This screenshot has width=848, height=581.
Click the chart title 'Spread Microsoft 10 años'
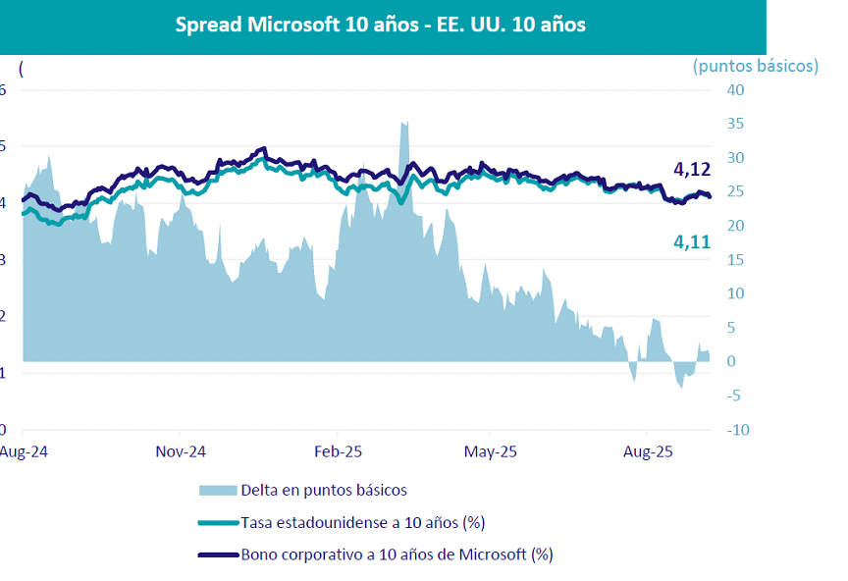tap(380, 25)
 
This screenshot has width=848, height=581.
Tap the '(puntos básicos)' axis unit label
tap(755, 66)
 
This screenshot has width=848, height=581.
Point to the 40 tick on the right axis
tap(735, 90)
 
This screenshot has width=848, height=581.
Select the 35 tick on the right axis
tap(735, 124)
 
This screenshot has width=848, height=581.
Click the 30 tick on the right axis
tap(735, 158)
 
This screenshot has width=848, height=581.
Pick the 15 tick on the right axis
tap(735, 260)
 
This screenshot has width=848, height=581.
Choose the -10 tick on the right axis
tap(735, 430)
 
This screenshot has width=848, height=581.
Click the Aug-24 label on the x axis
tap(22, 452)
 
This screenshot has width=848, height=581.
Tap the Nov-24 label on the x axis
tap(181, 452)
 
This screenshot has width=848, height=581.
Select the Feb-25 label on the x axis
tap(339, 452)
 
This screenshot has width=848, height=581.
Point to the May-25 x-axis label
tap(491, 452)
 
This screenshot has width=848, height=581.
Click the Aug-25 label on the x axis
tap(647, 452)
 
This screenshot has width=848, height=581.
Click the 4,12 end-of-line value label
tap(692, 171)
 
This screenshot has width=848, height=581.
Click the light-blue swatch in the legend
tap(218, 490)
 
